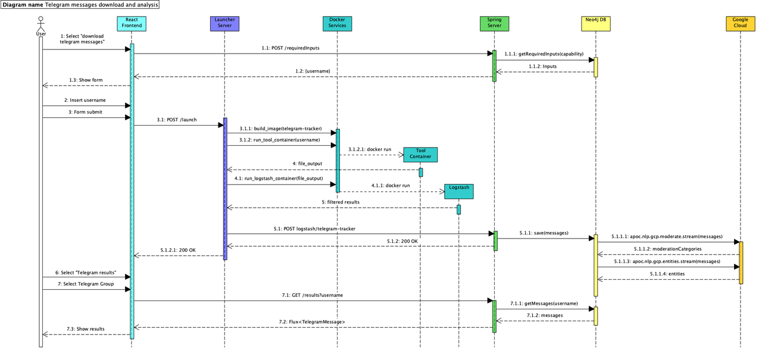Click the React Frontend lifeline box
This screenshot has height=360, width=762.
pyautogui.click(x=132, y=23)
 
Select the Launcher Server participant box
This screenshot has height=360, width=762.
pyautogui.click(x=224, y=23)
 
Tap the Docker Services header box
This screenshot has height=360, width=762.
pyautogui.click(x=337, y=23)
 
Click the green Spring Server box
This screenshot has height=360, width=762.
pyautogui.click(x=494, y=23)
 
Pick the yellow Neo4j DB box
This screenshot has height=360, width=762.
pyautogui.click(x=595, y=23)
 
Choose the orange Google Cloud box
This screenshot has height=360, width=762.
pyautogui.click(x=741, y=23)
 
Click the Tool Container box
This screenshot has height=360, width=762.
pyautogui.click(x=420, y=154)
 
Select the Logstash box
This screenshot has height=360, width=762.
pyautogui.click(x=458, y=191)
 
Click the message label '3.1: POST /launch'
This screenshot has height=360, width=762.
pyautogui.click(x=177, y=120)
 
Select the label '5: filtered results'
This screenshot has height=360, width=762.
pyautogui.click(x=341, y=202)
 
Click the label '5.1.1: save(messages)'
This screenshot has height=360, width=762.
pyautogui.click(x=544, y=233)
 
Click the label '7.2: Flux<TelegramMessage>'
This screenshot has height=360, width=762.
pyautogui.click(x=312, y=321)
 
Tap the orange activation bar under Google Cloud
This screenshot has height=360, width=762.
pyautogui.click(x=741, y=262)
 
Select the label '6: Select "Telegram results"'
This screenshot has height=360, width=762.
pyautogui.click(x=86, y=272)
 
